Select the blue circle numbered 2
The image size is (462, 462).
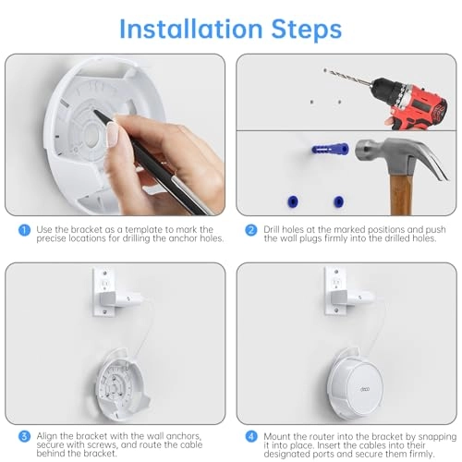click(x=249, y=229)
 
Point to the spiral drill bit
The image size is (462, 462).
click(x=346, y=80)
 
